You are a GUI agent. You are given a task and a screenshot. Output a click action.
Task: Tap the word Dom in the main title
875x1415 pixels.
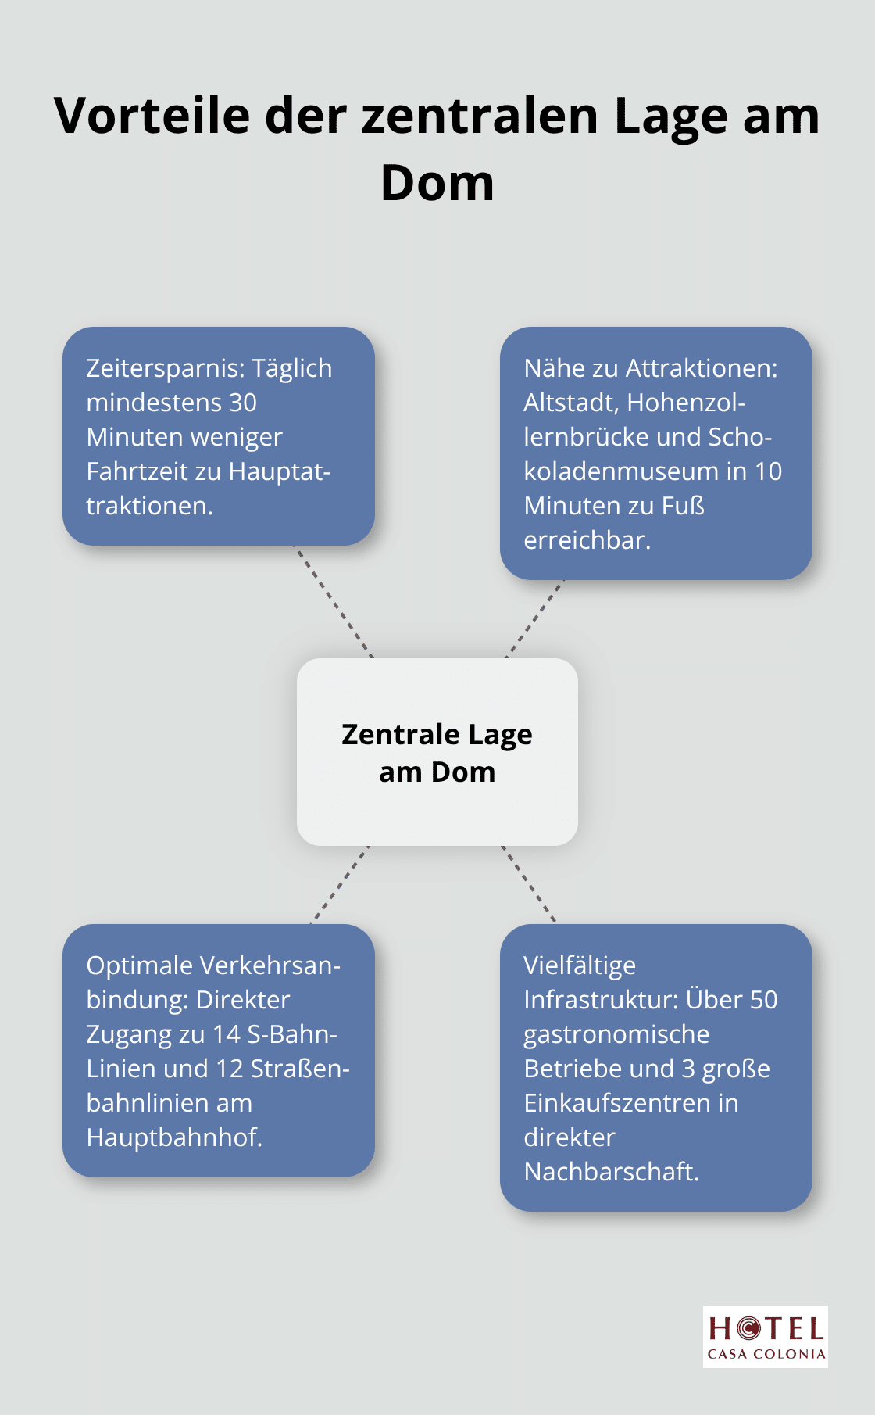click(437, 183)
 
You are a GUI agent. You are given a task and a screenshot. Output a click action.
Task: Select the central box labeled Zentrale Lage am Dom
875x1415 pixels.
click(437, 752)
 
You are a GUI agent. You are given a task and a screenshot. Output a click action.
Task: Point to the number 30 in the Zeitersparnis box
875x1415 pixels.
click(243, 403)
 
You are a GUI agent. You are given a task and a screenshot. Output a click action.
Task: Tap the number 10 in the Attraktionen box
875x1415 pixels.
click(768, 471)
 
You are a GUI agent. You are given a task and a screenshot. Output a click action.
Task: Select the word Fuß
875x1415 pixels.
click(683, 506)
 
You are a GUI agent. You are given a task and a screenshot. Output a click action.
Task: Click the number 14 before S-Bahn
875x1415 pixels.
click(227, 1034)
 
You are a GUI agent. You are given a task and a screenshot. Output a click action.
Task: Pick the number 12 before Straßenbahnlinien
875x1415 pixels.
click(229, 1069)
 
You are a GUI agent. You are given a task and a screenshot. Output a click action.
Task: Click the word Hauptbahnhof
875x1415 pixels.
click(174, 1137)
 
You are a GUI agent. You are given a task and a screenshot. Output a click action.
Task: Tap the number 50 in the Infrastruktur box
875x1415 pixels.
click(763, 1000)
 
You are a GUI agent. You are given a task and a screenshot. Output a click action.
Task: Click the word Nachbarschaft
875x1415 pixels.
click(612, 1172)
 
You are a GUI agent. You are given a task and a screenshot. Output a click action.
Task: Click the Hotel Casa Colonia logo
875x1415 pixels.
click(766, 1337)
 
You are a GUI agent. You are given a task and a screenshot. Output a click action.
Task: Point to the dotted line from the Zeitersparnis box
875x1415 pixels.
click(333, 602)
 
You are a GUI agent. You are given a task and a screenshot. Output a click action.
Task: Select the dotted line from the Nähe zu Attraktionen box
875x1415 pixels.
click(534, 619)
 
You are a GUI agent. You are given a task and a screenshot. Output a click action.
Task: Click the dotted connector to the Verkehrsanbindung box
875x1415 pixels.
click(340, 885)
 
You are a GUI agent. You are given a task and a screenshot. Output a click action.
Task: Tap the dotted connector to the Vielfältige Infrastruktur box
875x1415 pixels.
click(529, 885)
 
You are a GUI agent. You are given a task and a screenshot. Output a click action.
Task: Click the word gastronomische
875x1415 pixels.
click(616, 1034)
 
